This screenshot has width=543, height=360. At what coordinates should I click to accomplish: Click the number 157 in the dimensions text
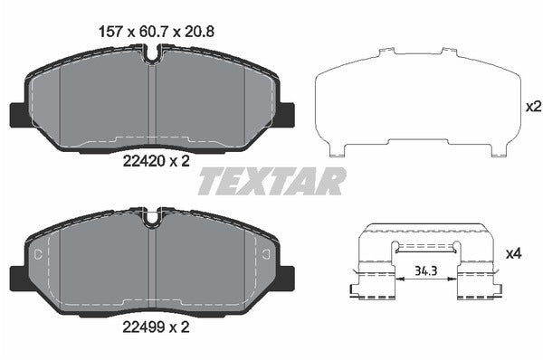pos(110,31)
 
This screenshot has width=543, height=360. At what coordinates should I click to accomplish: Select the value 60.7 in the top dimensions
pos(150,31)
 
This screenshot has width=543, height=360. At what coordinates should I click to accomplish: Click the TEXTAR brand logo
pos(271,181)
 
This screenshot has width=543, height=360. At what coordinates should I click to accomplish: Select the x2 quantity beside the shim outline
pos(533,106)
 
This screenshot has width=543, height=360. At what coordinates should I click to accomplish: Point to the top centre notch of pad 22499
pos(152,217)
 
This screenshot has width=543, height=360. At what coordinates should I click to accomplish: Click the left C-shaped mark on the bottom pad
pos(36,256)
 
